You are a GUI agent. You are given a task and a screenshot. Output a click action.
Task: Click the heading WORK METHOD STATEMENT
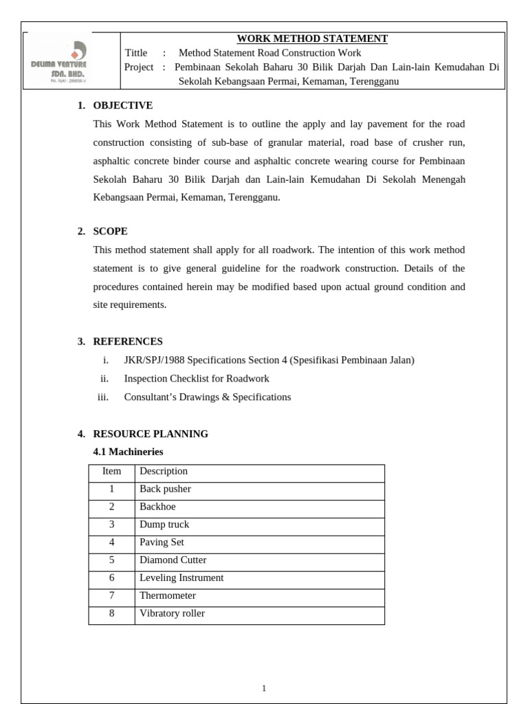(x=312, y=38)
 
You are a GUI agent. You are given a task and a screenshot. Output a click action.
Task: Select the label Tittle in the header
(x=136, y=53)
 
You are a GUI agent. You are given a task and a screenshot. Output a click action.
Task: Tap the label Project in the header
(x=139, y=67)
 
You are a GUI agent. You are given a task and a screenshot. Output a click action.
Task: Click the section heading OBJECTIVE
(x=122, y=105)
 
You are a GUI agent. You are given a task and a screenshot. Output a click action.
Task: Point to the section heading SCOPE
(x=110, y=231)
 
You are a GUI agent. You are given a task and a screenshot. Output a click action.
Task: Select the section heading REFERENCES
(x=128, y=341)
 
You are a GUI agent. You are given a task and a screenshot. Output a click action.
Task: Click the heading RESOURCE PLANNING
(x=151, y=434)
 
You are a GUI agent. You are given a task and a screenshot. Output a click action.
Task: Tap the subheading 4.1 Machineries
(x=128, y=452)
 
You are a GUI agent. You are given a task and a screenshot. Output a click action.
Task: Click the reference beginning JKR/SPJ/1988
(x=269, y=360)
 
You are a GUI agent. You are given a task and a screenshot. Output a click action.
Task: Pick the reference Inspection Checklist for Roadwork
(x=196, y=378)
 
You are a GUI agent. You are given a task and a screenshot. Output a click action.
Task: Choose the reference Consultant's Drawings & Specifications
(x=207, y=397)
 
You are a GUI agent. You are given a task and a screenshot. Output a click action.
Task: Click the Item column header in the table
(x=111, y=472)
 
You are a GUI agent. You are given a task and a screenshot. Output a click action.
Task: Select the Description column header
(x=164, y=472)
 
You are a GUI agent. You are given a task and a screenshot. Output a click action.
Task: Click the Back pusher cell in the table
(x=165, y=489)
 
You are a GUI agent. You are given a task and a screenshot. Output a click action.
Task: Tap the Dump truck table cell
(x=164, y=525)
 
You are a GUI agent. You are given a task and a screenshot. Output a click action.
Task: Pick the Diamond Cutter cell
(x=173, y=560)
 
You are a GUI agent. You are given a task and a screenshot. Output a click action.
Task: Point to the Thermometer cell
(x=167, y=595)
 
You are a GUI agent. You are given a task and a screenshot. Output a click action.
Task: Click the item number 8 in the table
(x=111, y=613)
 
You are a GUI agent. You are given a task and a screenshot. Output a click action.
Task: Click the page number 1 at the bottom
(x=264, y=688)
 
